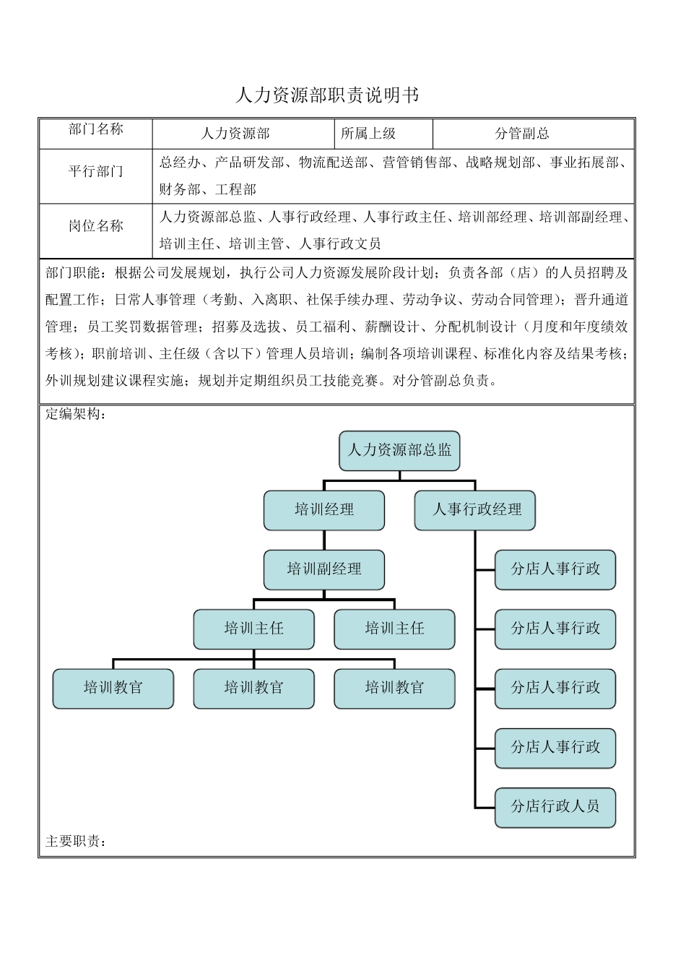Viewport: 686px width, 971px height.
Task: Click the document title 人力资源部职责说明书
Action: [326, 95]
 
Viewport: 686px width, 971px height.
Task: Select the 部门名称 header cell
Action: [96, 129]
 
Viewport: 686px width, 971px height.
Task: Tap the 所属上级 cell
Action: [368, 134]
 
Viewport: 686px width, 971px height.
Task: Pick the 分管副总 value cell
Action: [522, 134]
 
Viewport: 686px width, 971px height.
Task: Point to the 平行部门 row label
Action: [96, 172]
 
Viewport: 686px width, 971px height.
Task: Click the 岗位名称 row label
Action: [96, 226]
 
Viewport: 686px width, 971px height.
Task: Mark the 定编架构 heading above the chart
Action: [72, 415]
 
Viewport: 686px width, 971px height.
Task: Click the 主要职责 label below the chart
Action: [72, 842]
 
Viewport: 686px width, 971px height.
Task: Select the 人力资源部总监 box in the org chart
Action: [399, 451]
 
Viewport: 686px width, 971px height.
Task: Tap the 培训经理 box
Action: [324, 510]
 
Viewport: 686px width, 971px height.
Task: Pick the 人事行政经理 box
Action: [476, 510]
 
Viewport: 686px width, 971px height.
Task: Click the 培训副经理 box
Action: [324, 569]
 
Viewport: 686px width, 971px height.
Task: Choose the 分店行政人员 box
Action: [555, 806]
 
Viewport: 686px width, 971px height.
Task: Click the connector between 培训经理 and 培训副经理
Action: [324, 540]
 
